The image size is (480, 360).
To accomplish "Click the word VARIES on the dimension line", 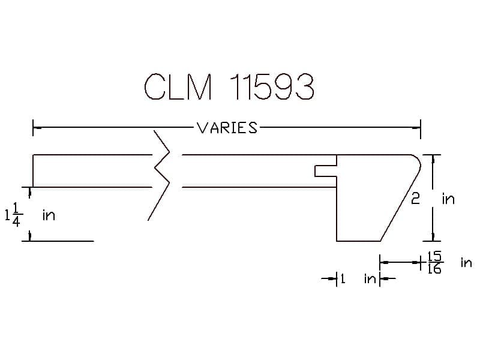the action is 227,128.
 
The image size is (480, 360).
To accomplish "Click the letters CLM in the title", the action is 178,87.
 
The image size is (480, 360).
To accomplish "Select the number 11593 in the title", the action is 272,87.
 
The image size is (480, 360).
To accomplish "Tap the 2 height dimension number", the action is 415,199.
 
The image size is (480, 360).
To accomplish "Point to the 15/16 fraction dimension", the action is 434,262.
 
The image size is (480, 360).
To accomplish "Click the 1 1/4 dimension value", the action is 14,215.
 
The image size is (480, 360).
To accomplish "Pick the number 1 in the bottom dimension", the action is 343,278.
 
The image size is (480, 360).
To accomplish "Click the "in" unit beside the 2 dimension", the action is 448,199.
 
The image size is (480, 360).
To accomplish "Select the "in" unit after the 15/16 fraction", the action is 466,263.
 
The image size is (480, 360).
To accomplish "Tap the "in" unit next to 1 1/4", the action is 49,215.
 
